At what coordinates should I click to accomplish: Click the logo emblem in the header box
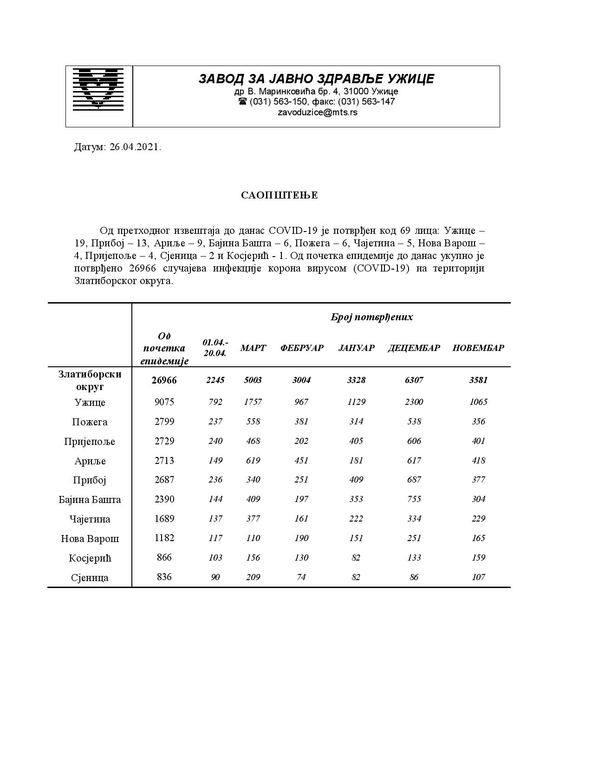tap(98, 89)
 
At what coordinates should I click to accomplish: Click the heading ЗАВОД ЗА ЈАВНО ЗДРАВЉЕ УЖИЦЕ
tap(316, 79)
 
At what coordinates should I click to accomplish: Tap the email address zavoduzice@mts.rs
tap(317, 112)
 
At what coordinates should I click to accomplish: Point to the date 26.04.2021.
tap(135, 147)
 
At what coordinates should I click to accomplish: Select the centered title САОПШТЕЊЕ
tap(279, 195)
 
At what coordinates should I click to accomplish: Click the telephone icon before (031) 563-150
tap(242, 101)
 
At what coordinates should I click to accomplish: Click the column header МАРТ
tap(253, 348)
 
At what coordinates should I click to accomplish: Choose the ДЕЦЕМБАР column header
tap(414, 348)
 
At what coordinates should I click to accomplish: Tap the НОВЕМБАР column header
tap(478, 348)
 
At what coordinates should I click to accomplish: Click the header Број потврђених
tap(371, 317)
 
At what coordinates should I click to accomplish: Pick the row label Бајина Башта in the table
tap(90, 500)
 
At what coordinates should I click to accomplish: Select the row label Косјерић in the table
tap(90, 558)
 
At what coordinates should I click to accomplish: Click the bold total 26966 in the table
tap(164, 380)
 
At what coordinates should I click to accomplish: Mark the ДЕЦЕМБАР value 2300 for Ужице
tap(414, 402)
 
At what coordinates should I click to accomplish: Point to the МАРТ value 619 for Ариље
tap(253, 461)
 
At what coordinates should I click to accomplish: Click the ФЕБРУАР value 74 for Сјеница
tap(301, 577)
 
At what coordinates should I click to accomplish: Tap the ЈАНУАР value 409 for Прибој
tap(356, 480)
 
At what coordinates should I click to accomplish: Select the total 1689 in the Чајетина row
tap(164, 519)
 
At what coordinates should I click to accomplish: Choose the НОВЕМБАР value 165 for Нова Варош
tap(478, 538)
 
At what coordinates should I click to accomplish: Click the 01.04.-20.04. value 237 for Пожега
tap(215, 422)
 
